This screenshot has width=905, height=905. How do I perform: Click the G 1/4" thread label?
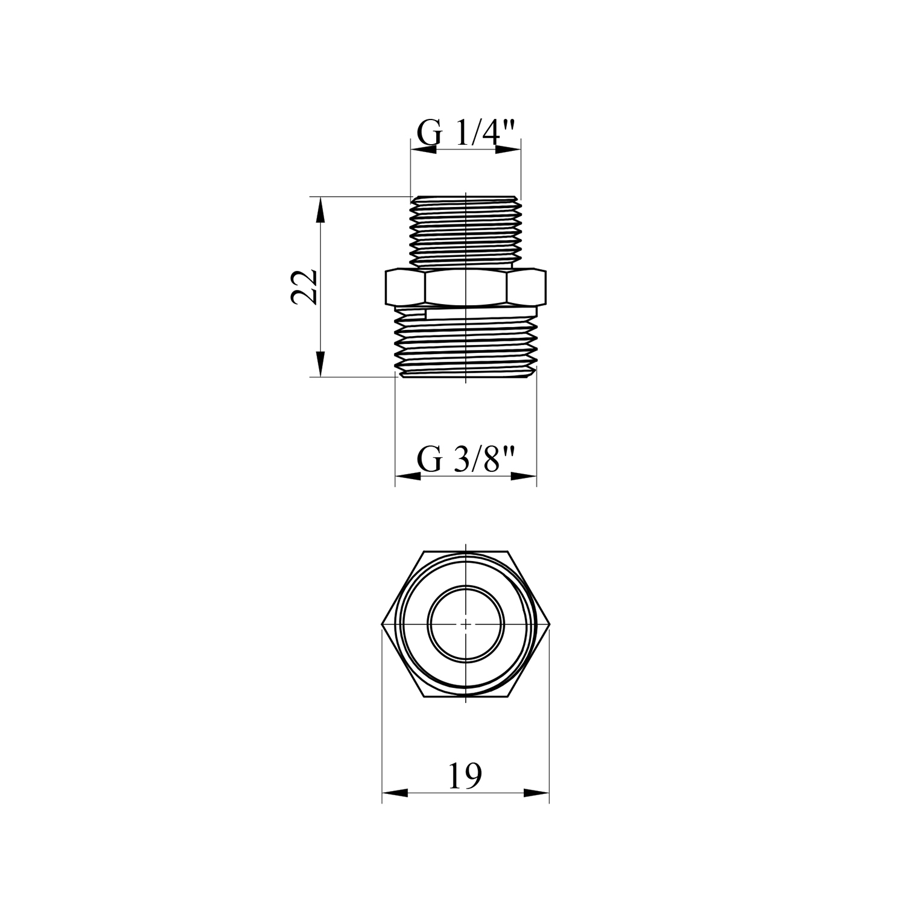pos(468,133)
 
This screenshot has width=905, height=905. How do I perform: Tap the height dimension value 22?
pos(304,287)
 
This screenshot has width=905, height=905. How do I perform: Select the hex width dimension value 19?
pos(466,776)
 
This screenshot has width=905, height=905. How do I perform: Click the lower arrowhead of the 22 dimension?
pos(320,365)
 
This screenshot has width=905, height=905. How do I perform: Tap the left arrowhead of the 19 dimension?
pos(395,793)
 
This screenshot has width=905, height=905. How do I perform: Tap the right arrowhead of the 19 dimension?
pos(536,793)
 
